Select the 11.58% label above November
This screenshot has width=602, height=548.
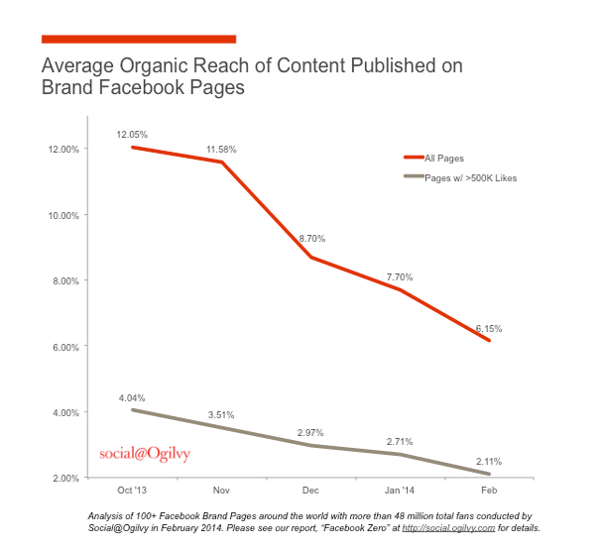click(x=221, y=149)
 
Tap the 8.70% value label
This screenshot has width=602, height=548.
click(x=310, y=239)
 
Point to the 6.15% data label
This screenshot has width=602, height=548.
click(x=489, y=328)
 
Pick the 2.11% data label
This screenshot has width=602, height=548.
click(x=489, y=461)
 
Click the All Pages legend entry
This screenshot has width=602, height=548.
click(x=444, y=158)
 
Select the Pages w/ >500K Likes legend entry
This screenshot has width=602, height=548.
click(x=470, y=177)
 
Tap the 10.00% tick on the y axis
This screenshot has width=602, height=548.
click(x=64, y=214)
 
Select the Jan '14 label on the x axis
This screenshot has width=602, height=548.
click(x=400, y=492)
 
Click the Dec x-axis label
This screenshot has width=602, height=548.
click(x=310, y=492)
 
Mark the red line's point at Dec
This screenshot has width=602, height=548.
click(x=310, y=257)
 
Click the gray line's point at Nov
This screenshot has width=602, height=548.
click(x=221, y=427)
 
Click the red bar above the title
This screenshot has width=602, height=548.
click(x=139, y=39)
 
